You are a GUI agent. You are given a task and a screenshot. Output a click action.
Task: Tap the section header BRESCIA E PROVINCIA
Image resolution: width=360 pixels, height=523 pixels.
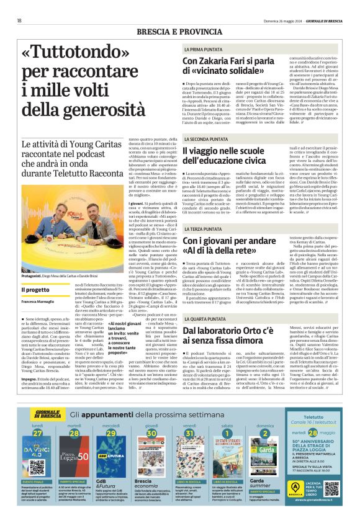(x=180, y=30)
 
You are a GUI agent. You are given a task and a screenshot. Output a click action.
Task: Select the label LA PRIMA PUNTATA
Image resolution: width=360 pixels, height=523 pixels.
(x=204, y=48)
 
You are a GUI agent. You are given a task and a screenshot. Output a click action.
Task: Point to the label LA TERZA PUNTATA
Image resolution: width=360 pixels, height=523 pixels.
(x=204, y=229)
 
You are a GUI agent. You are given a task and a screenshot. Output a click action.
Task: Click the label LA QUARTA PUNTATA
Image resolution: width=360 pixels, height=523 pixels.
(x=206, y=318)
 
